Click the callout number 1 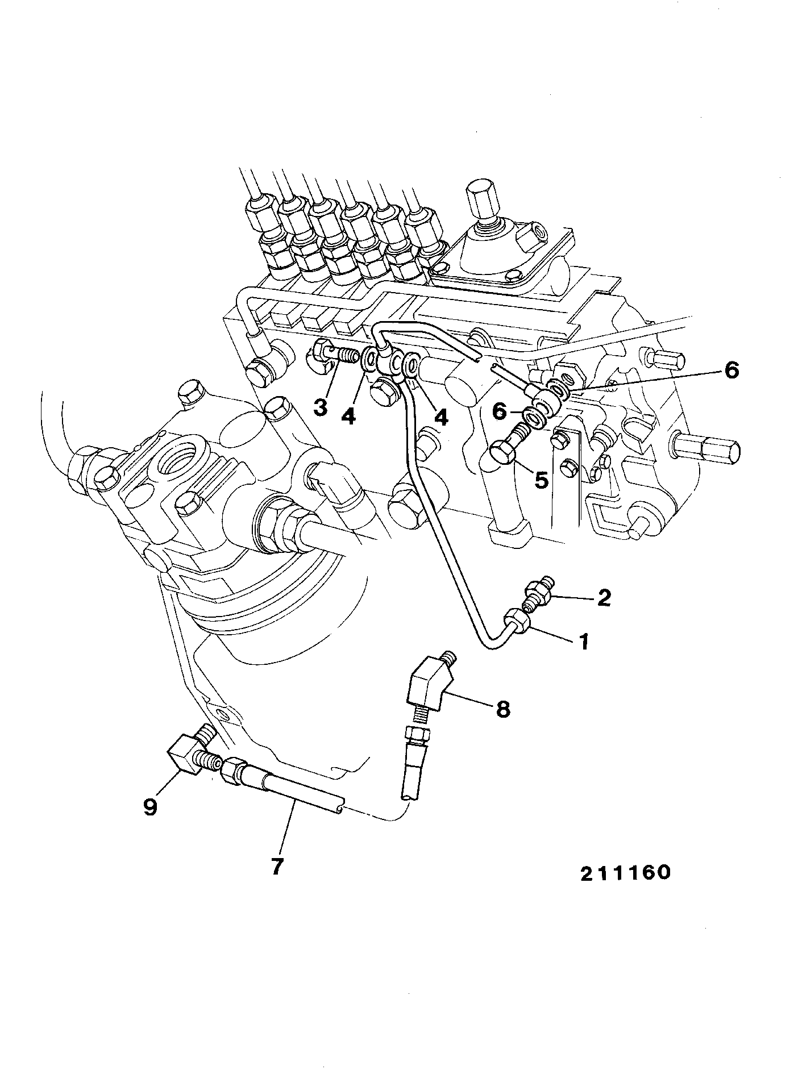coord(583,642)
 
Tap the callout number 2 coord(603,597)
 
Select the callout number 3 coord(321,407)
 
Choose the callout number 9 coord(149,807)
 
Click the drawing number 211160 coord(625,888)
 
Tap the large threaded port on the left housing coord(175,455)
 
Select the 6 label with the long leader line coord(731,371)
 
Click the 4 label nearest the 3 coord(348,417)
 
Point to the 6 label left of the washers coord(499,411)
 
